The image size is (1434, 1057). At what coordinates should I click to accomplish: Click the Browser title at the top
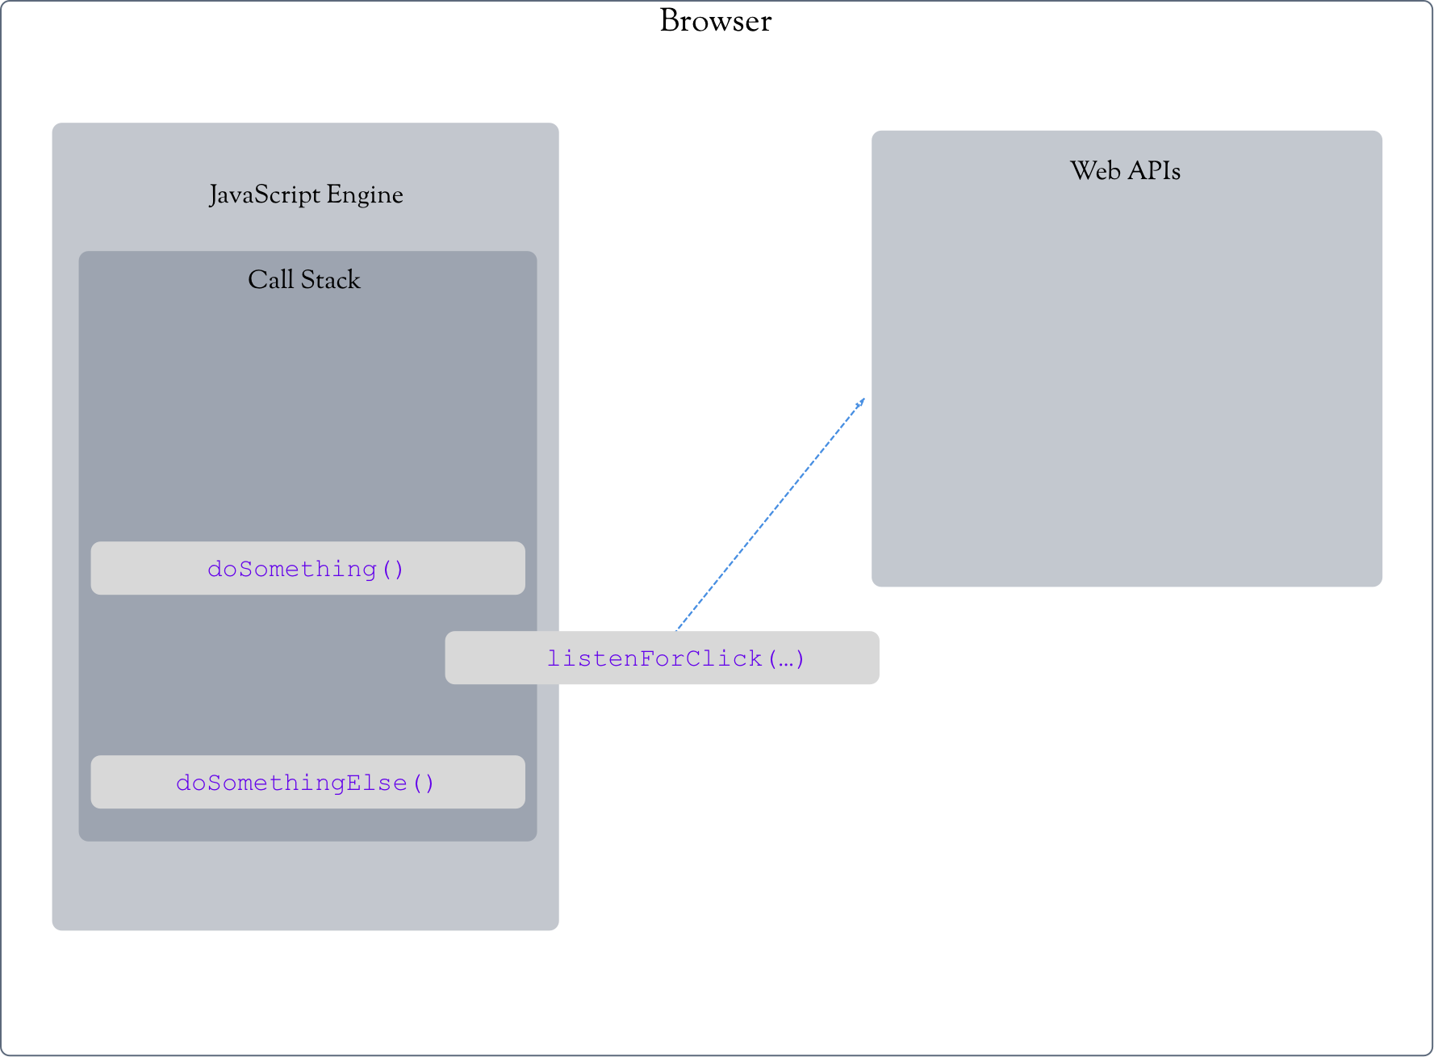[x=715, y=21]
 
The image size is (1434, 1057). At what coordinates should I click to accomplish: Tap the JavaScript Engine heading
[x=306, y=195]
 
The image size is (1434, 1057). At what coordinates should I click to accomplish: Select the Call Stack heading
[x=303, y=280]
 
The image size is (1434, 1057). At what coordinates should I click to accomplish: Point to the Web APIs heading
[x=1125, y=171]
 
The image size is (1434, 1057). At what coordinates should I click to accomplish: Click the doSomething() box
[x=307, y=568]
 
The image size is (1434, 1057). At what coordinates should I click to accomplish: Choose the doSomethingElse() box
[x=307, y=782]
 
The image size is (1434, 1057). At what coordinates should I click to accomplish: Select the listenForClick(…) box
[x=662, y=658]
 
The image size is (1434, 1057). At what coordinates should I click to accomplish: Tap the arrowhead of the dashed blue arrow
[x=862, y=401]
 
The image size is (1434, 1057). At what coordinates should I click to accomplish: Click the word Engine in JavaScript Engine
[x=365, y=195]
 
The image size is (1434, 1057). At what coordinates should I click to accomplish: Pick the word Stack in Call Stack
[x=331, y=280]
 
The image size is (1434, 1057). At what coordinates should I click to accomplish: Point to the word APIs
[x=1154, y=171]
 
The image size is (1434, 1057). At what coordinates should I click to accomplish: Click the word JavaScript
[x=265, y=195]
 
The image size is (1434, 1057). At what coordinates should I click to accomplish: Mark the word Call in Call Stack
[x=270, y=280]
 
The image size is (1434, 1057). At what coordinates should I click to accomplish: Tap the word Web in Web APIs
[x=1095, y=171]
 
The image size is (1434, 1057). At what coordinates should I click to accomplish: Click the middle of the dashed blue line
[x=770, y=515]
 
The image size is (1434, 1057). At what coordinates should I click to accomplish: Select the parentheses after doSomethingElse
[x=424, y=783]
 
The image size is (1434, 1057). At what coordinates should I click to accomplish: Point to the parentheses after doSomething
[x=393, y=569]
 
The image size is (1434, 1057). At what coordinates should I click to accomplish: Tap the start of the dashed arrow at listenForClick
[x=678, y=628]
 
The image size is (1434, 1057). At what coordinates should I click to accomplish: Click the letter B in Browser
[x=670, y=21]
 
